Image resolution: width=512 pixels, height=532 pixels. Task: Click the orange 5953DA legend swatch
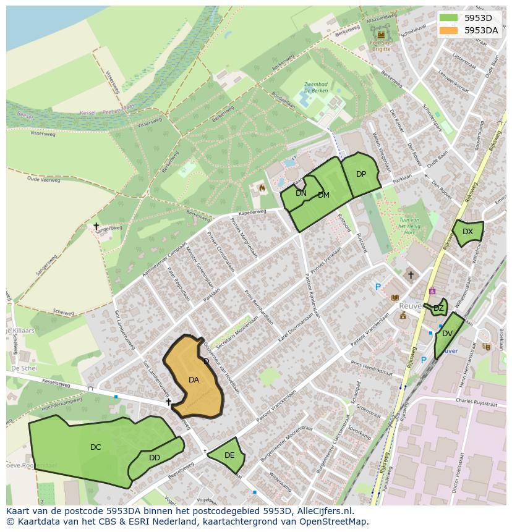tap(450, 30)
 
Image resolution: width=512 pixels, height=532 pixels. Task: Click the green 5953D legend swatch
tap(450, 18)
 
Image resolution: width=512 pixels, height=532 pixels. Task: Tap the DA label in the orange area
tap(194, 380)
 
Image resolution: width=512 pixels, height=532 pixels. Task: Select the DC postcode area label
tap(95, 447)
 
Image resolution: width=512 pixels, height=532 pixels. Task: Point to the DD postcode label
tap(155, 458)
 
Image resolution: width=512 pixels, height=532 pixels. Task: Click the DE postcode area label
tap(229, 455)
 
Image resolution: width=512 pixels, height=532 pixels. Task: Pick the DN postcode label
tap(301, 193)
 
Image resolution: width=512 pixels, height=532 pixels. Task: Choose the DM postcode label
tap(323, 195)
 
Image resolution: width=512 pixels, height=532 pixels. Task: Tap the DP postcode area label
tap(361, 174)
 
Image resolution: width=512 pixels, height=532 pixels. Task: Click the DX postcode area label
tap(467, 232)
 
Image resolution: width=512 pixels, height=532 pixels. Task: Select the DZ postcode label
tap(438, 308)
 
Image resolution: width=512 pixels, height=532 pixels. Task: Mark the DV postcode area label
tap(447, 334)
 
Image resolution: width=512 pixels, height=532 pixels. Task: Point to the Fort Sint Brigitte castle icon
tap(381, 35)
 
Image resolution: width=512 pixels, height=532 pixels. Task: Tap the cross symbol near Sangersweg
tap(96, 226)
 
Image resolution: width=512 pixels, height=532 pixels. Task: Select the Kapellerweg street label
tap(252, 212)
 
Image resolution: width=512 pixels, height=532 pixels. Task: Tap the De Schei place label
tap(25, 368)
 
